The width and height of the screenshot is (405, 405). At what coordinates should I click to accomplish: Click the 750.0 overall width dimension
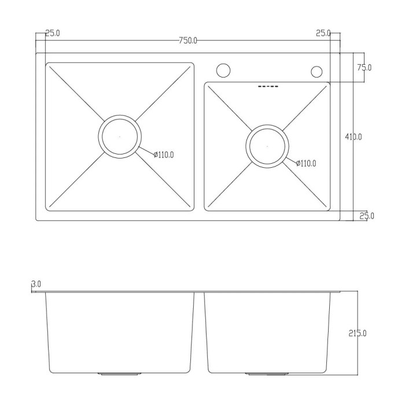(x=188, y=41)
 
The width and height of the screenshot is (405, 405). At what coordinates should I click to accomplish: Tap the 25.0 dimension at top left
(x=53, y=33)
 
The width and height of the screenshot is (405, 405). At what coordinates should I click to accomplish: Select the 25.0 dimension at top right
(x=323, y=33)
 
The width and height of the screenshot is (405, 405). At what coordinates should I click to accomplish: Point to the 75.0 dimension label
(x=364, y=68)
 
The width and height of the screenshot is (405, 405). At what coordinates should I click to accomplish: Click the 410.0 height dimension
(x=354, y=137)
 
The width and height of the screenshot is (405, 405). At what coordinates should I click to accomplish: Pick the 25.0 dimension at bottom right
(x=367, y=216)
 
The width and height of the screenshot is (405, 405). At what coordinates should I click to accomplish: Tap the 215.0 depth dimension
(x=358, y=333)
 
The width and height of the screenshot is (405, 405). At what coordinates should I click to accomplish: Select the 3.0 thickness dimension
(x=36, y=284)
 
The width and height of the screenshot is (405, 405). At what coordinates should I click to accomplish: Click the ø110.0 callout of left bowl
(x=164, y=155)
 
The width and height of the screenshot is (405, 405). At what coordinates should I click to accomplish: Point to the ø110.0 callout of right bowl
(x=306, y=163)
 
